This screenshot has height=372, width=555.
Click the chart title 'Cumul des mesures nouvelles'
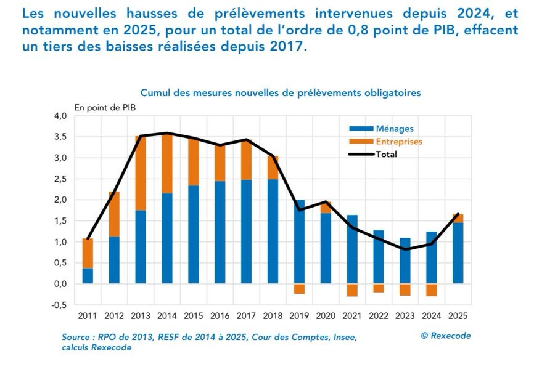(x=281, y=92)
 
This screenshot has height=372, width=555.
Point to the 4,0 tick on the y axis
(x=60, y=116)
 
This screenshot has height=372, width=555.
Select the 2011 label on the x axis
(x=88, y=316)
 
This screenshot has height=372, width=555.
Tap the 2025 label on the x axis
(x=458, y=316)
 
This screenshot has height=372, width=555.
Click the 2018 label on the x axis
(x=273, y=316)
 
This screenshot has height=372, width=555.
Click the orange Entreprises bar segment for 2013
(x=141, y=173)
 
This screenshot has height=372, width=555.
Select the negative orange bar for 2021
(x=352, y=290)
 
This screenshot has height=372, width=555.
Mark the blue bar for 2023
(x=405, y=261)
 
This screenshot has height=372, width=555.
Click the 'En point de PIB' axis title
(x=105, y=107)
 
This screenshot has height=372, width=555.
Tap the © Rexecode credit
(x=446, y=336)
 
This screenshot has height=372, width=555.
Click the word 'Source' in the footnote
(x=76, y=338)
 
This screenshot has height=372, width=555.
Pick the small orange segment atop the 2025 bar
(x=458, y=218)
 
